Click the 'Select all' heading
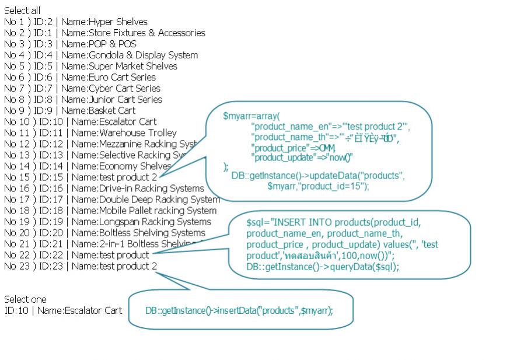pyautogui.click(x=22, y=11)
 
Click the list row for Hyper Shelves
pyautogui.click(x=76, y=22)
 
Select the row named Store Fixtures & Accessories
pyautogui.click(x=104, y=33)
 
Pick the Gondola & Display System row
pyautogui.click(x=101, y=55)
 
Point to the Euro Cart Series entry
pyautogui.click(x=80, y=78)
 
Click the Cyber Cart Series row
pyautogui.click(x=82, y=89)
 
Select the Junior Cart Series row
pyautogui.click(x=83, y=100)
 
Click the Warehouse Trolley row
pyautogui.click(x=90, y=133)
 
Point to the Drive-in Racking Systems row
pyautogui.click(x=104, y=188)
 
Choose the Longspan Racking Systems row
pyautogui.click(x=107, y=222)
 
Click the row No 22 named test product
pyautogui.click(x=76, y=255)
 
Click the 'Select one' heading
pyautogui.click(x=25, y=299)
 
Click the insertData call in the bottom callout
pyautogui.click(x=239, y=310)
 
